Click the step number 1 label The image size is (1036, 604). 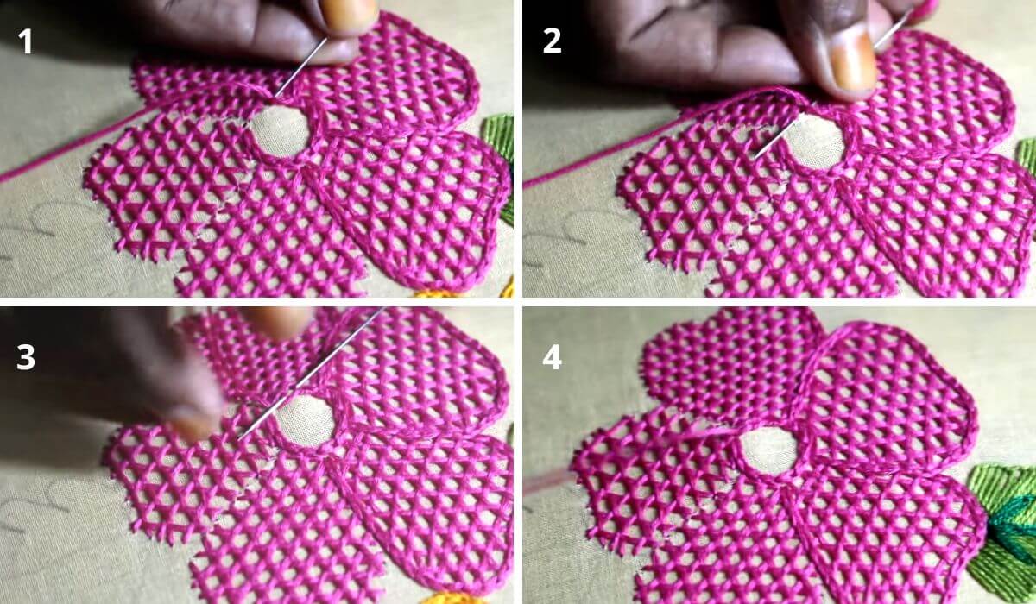[26, 41]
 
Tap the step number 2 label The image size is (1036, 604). [552, 41]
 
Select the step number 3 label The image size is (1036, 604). [25, 357]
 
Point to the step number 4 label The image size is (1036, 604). [553, 357]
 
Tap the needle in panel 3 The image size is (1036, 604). [311, 374]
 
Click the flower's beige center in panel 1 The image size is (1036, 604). [281, 132]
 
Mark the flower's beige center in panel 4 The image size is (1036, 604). [768, 451]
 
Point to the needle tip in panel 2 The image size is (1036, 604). [755, 155]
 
